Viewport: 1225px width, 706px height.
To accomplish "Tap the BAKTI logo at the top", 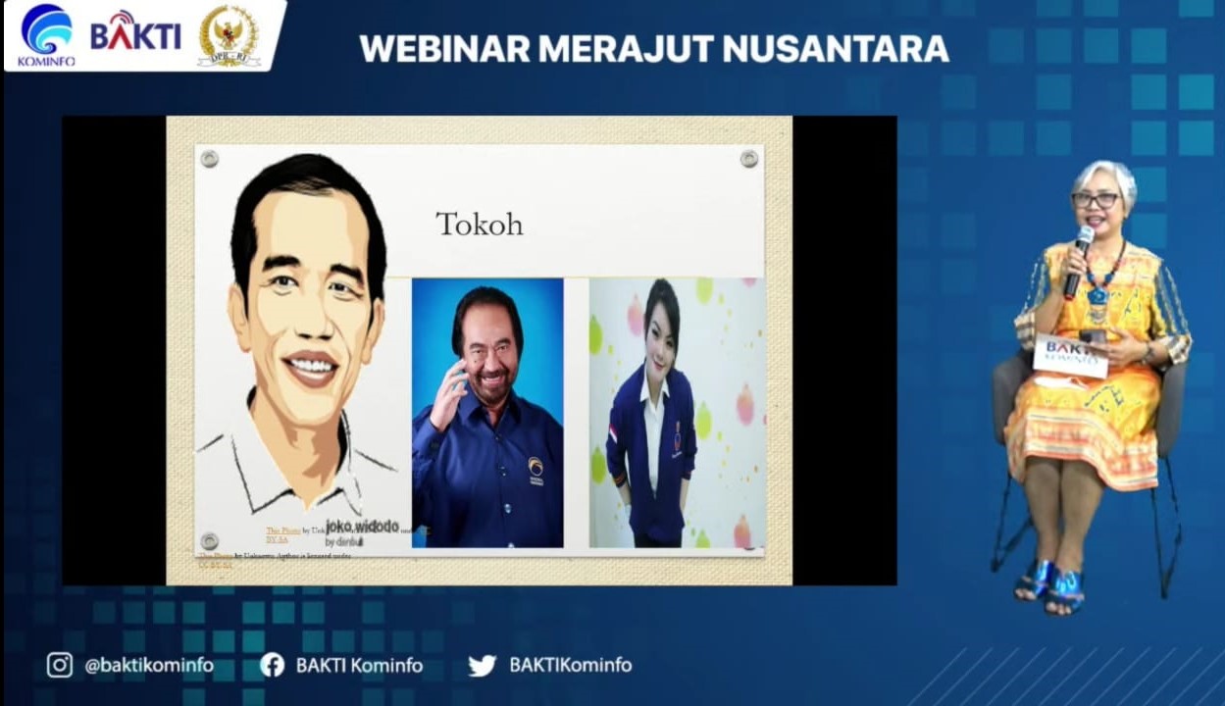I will click(135, 32).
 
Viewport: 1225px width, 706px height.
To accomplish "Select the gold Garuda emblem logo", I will click(229, 35).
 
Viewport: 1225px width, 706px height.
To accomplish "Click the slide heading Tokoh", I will click(479, 225).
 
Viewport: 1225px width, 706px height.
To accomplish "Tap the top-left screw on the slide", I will click(209, 159).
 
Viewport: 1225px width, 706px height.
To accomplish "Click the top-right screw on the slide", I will click(749, 158).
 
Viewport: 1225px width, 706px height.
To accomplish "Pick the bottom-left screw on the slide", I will click(209, 541).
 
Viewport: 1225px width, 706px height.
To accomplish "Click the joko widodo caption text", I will click(362, 528).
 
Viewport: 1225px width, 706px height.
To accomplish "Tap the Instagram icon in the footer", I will click(60, 665).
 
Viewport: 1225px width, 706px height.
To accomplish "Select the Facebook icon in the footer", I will click(272, 665).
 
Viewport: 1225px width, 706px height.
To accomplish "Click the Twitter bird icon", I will click(482, 666).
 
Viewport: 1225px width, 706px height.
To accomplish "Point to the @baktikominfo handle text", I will click(149, 665).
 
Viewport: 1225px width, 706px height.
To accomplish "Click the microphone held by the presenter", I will click(1078, 259).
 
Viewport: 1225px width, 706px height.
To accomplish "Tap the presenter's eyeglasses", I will click(1096, 200).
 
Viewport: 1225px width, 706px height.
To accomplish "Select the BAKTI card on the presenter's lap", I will click(1069, 355).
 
